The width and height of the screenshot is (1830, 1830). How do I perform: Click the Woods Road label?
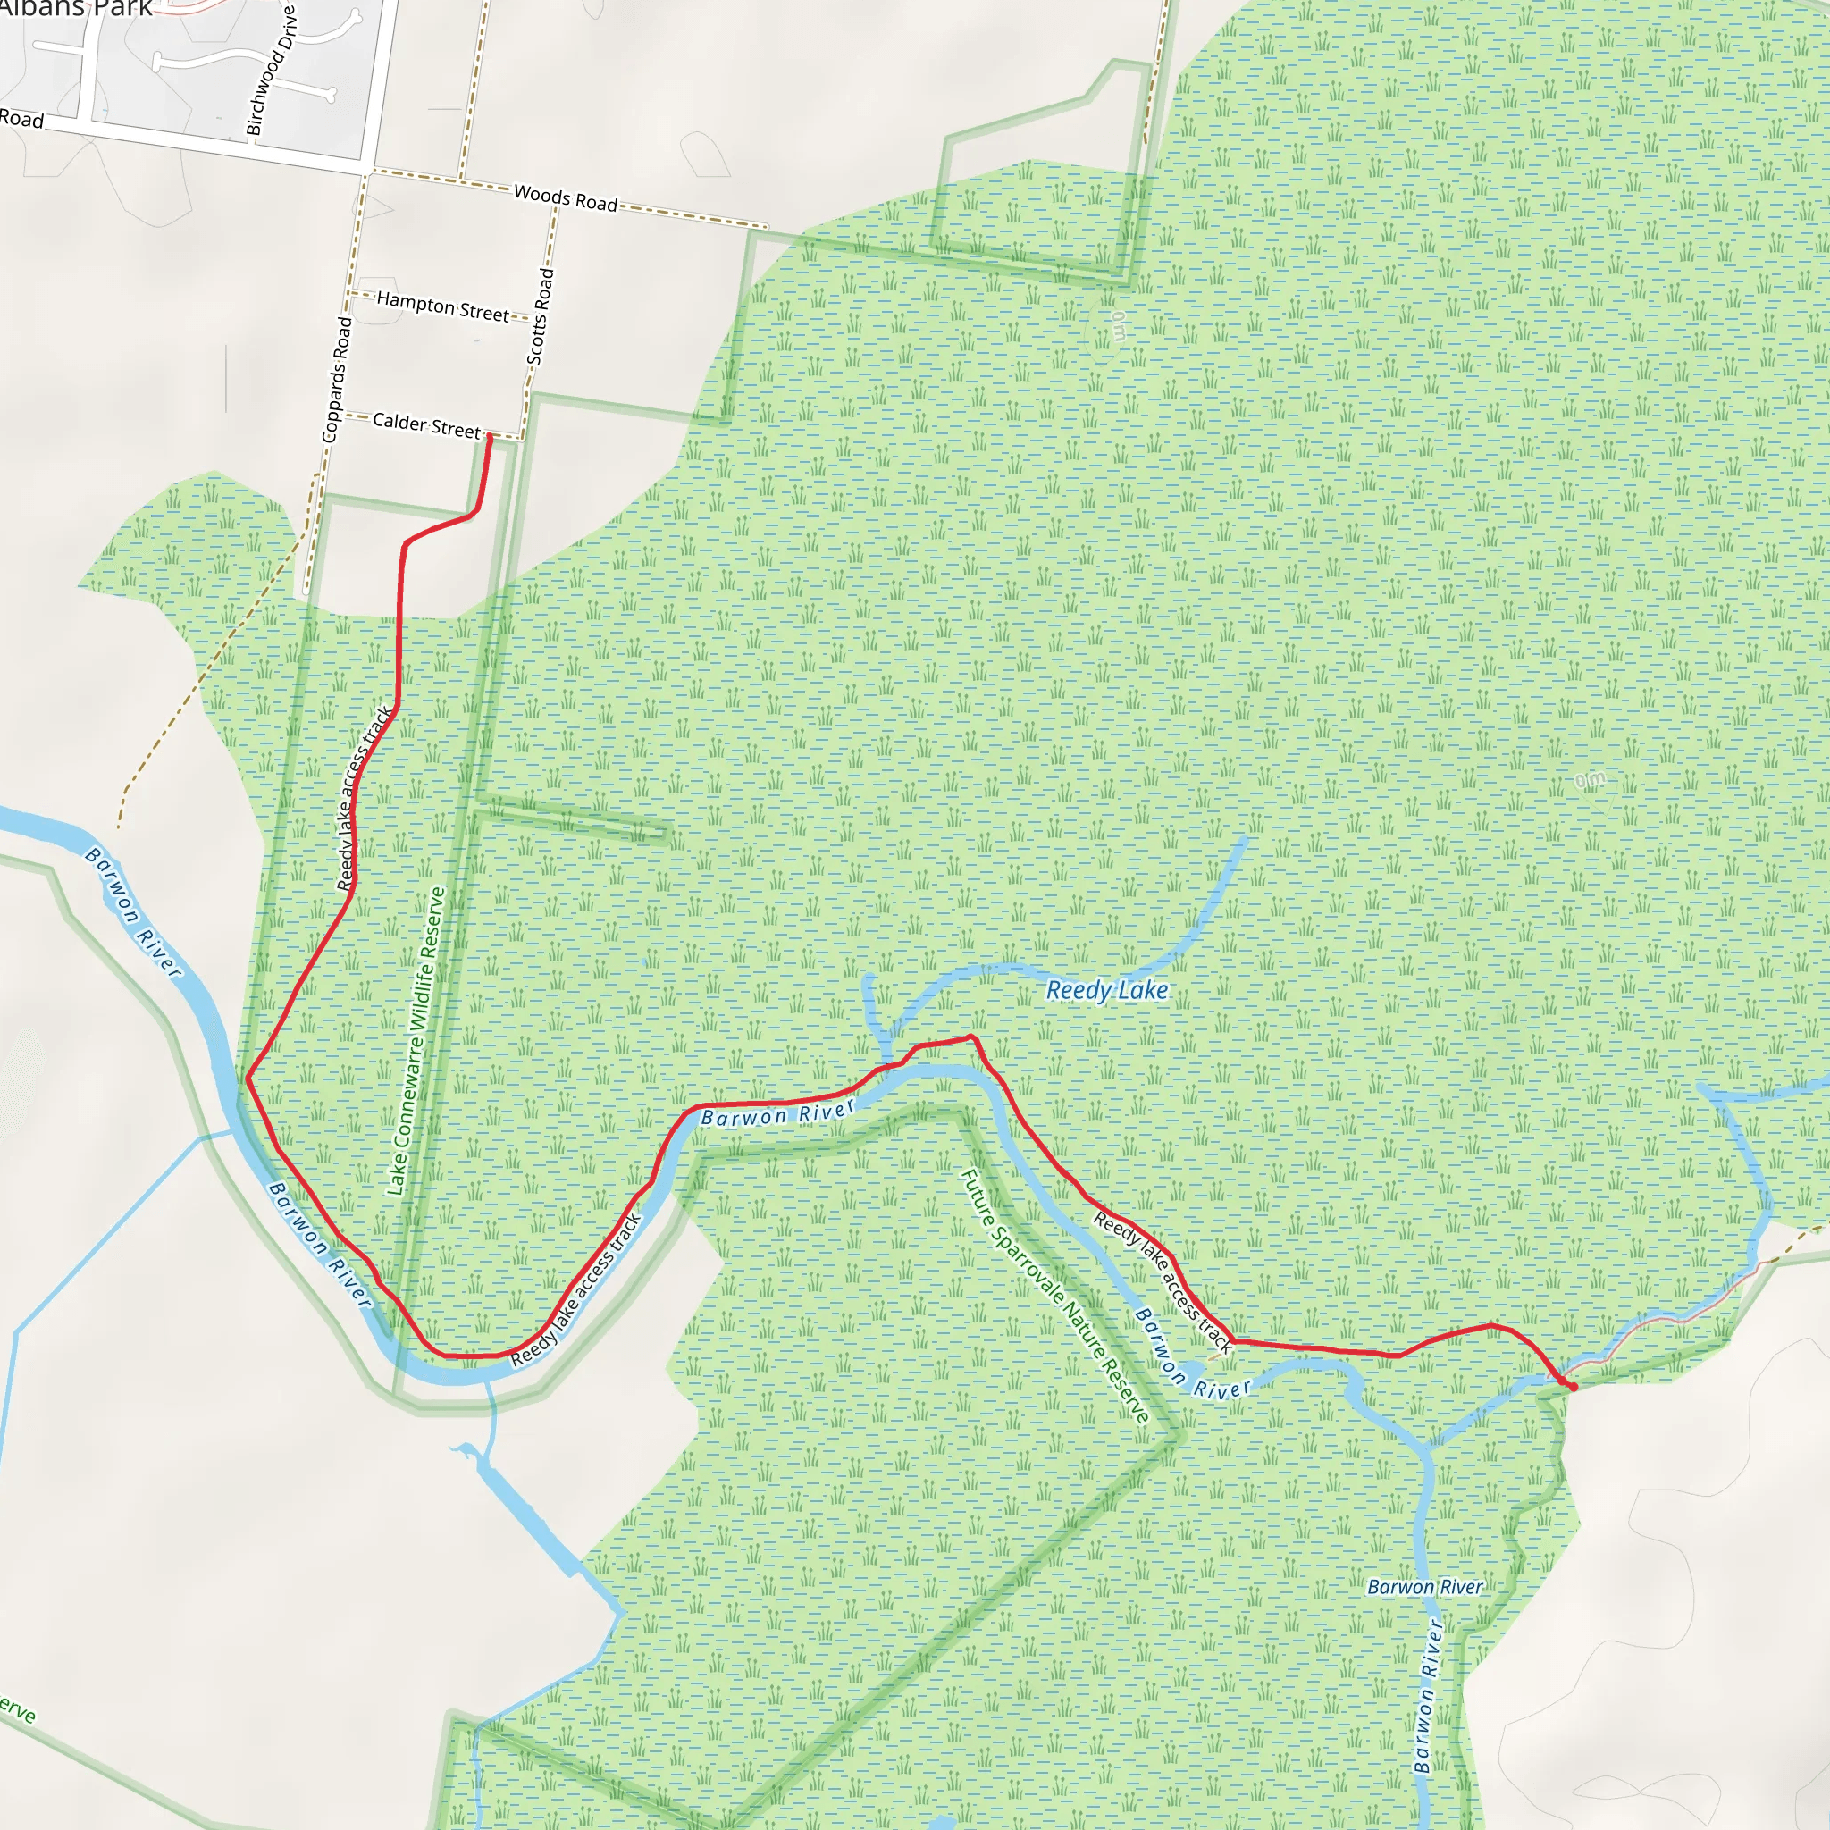566,198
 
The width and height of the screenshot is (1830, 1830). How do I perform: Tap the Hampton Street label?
442,306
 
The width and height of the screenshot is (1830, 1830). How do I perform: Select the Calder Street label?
426,425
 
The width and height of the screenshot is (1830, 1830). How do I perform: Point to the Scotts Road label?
540,316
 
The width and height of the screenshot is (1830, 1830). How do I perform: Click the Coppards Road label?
336,379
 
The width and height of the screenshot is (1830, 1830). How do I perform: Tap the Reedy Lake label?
1106,991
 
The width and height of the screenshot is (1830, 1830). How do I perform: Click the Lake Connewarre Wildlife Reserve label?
416,1041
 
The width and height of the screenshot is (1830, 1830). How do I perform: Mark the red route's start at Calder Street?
489,437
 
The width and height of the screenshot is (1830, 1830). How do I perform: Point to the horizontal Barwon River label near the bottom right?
1424,1587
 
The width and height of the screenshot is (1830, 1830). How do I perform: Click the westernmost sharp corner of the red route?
248,1078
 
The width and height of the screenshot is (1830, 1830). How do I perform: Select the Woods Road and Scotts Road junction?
557,206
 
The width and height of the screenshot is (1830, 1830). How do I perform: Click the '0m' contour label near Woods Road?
1120,326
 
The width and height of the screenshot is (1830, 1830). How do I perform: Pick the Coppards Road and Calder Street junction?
342,414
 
